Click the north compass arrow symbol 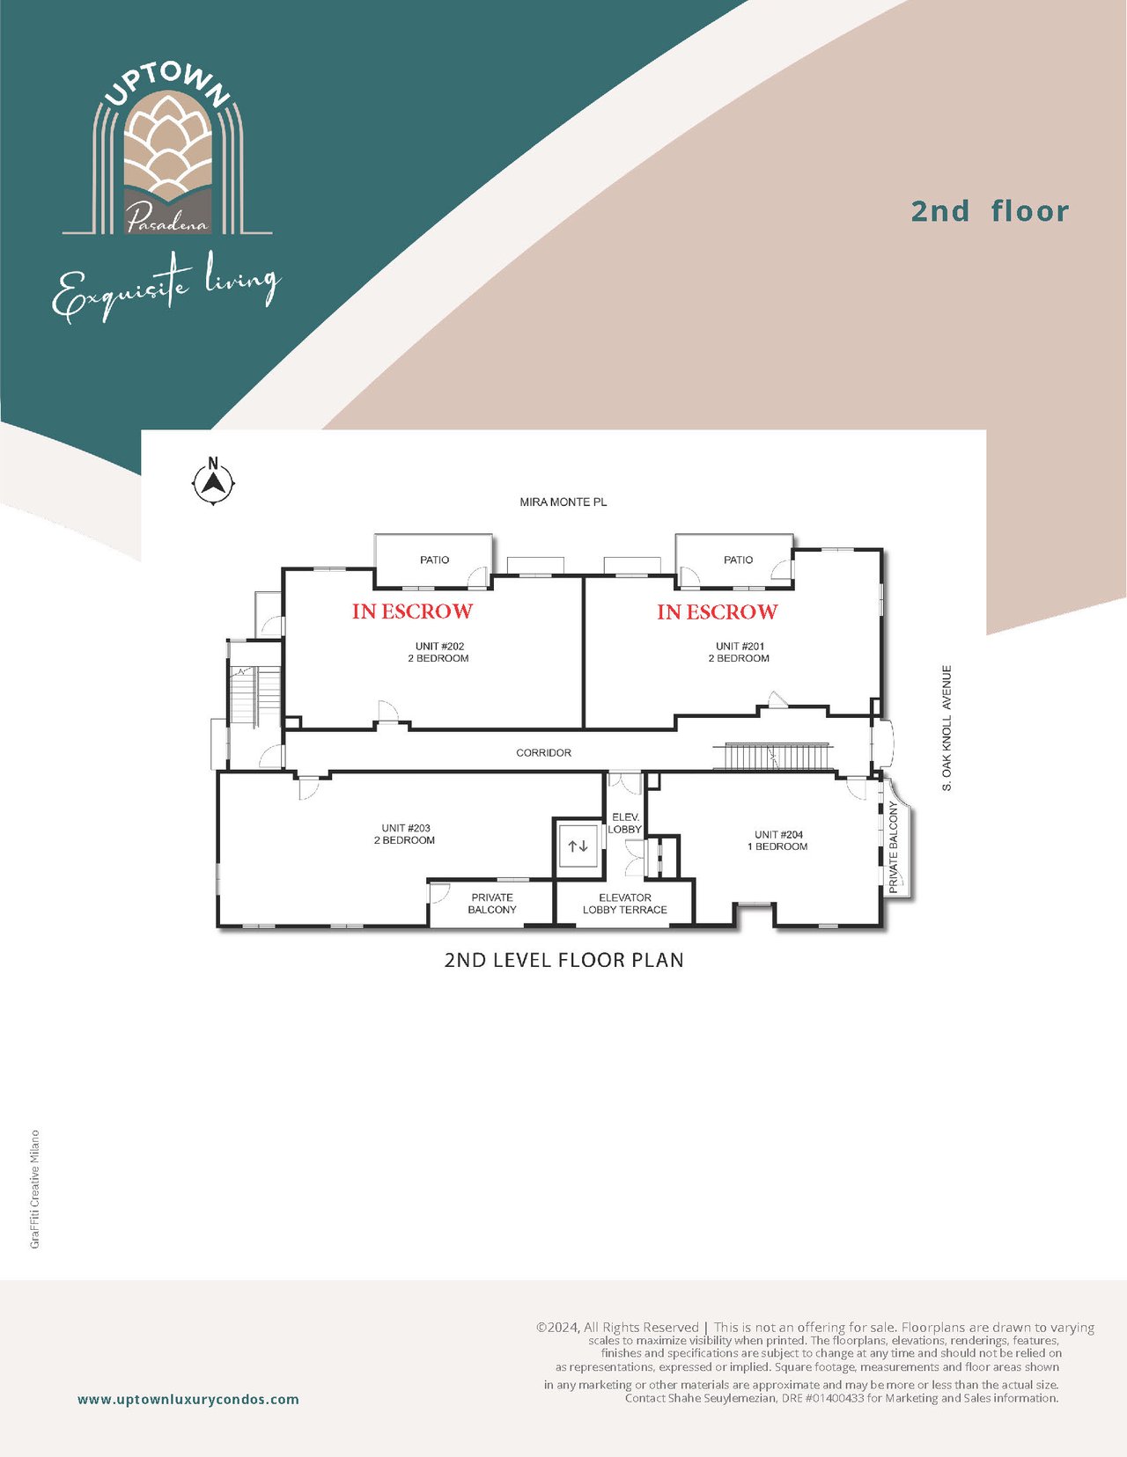point(214,480)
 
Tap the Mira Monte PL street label point(563,502)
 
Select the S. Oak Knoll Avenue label point(947,728)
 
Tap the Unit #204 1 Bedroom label point(778,841)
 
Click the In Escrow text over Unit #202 point(413,611)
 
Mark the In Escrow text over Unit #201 point(717,611)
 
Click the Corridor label point(544,753)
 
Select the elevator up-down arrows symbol point(578,846)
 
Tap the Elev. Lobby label point(625,824)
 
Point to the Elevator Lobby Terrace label point(624,904)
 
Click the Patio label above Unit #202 point(435,560)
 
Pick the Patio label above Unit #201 point(739,560)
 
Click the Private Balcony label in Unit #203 point(492,904)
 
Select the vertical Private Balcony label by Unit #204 point(894,847)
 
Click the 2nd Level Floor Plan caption point(564,960)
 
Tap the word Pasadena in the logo point(167,218)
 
